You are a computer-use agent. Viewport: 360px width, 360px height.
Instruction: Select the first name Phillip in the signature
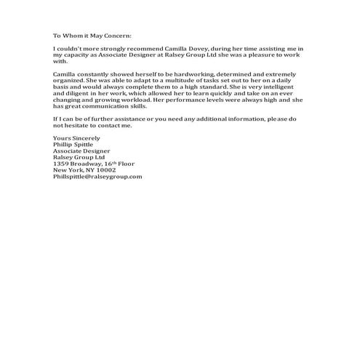(x=64, y=144)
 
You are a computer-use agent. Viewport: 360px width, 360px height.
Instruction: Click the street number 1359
(x=62, y=164)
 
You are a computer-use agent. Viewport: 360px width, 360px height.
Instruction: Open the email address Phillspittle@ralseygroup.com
(x=97, y=177)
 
